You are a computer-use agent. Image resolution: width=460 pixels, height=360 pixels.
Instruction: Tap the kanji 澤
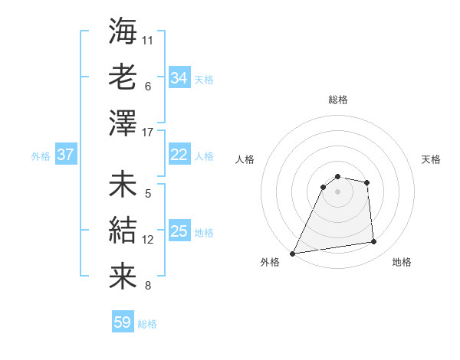coord(123,123)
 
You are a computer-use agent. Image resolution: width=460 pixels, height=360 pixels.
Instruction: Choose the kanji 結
coord(123,230)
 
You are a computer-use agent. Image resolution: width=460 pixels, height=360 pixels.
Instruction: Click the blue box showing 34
coord(179,78)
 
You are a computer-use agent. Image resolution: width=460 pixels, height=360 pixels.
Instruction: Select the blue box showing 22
coord(179,155)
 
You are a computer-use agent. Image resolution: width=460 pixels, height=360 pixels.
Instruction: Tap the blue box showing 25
coord(179,231)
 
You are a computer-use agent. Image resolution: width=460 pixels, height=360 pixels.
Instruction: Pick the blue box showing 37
coord(65,155)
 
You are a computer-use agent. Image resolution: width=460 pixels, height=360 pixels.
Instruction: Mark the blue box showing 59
coord(123,322)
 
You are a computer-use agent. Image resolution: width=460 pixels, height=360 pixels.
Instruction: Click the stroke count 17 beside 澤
coord(148,133)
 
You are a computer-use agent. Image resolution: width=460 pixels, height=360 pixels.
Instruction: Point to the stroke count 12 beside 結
coord(148,240)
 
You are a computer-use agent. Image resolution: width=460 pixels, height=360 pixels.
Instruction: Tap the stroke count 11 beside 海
coord(148,39)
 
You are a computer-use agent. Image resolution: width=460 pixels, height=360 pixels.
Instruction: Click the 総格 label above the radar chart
coord(338,100)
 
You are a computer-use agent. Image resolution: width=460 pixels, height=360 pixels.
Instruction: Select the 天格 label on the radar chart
coord(432,159)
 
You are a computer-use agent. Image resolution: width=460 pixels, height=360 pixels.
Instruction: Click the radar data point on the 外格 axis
coord(293,254)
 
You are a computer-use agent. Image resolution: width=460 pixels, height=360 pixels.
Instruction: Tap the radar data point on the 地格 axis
coord(374,242)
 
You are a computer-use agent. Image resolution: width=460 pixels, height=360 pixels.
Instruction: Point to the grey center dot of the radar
coord(338,191)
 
